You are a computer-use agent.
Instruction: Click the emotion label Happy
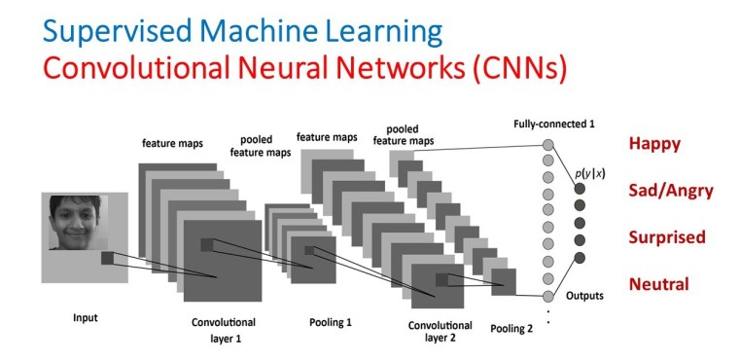654,144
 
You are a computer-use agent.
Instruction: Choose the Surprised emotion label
666,237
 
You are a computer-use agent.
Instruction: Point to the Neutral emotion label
658,284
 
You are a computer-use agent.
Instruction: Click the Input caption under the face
86,317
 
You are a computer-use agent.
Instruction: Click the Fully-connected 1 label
553,126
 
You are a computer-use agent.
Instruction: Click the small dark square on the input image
107,258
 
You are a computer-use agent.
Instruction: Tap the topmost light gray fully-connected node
549,146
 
